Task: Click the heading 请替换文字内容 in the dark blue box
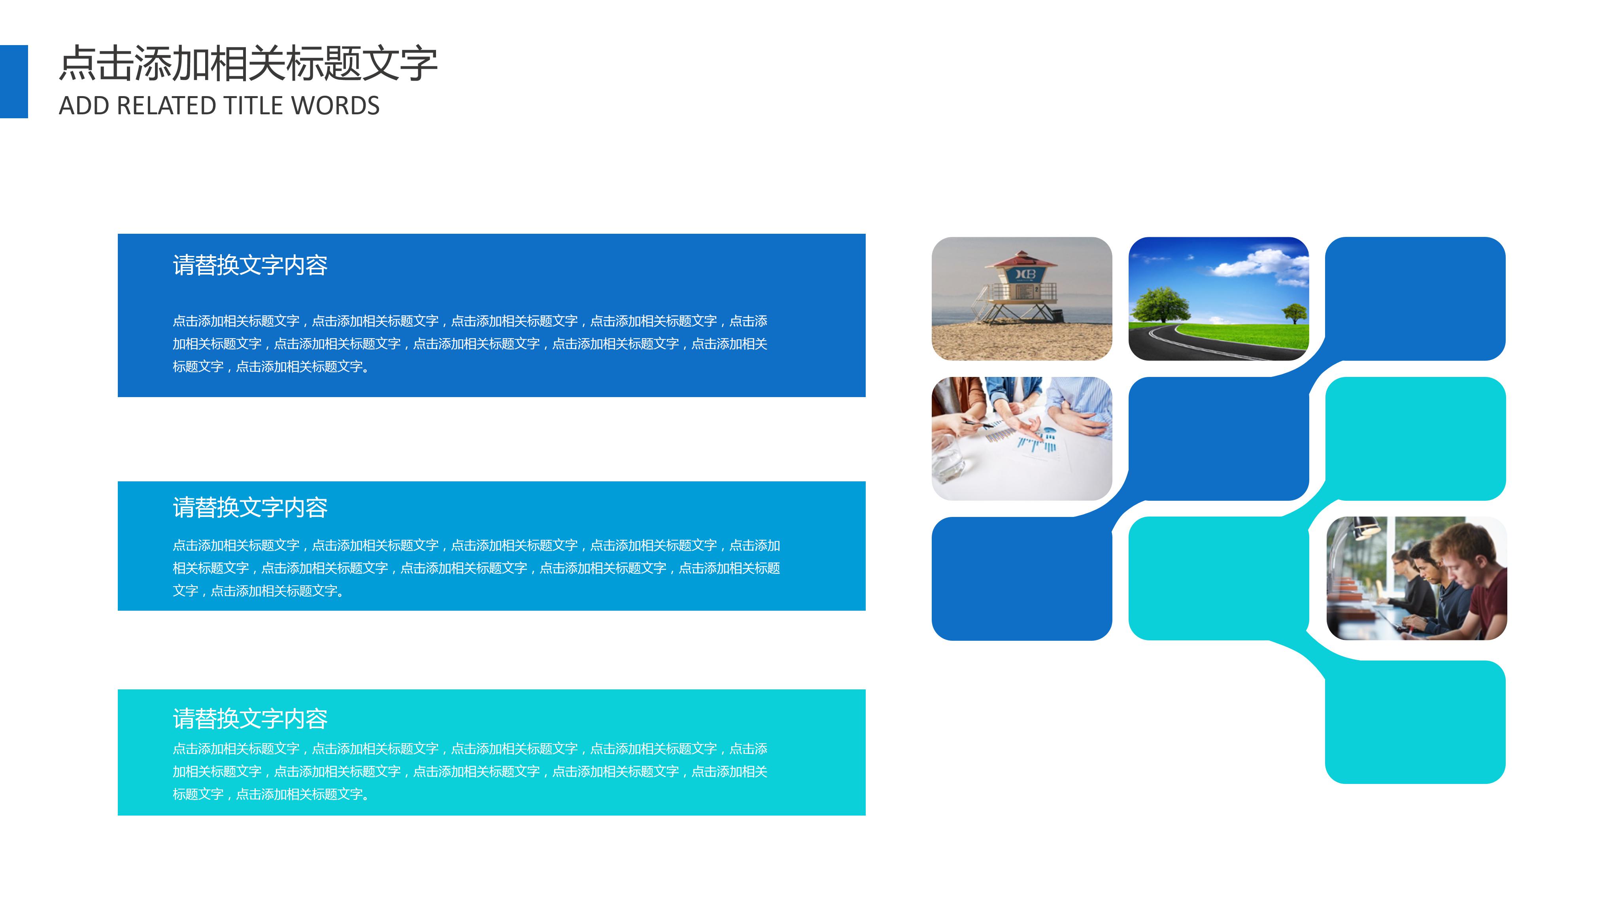pyautogui.click(x=250, y=265)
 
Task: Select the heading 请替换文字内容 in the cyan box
pyautogui.click(x=250, y=719)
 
